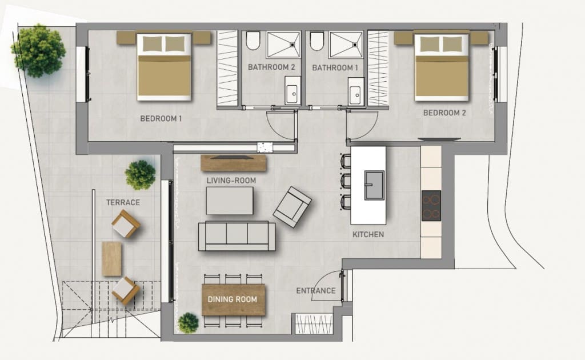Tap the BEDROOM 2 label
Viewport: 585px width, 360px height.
(x=444, y=113)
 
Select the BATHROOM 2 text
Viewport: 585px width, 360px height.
(x=271, y=67)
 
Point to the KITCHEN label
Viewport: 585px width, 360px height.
(x=368, y=234)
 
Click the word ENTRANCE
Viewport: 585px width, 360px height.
(x=315, y=291)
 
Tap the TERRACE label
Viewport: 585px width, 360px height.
(x=123, y=202)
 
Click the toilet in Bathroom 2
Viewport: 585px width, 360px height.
(x=253, y=41)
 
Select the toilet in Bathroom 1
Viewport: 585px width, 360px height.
(x=317, y=41)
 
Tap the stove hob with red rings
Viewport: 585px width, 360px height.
(x=431, y=206)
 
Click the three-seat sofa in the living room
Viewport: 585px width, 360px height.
(x=237, y=236)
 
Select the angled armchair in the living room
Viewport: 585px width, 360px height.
(x=292, y=206)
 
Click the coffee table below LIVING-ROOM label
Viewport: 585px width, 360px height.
(x=229, y=201)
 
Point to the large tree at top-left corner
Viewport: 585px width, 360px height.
(x=39, y=50)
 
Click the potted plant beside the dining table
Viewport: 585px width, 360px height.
(x=188, y=323)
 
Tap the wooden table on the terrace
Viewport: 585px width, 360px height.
(x=111, y=259)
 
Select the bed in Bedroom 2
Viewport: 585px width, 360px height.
(x=437, y=66)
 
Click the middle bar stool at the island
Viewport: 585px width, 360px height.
(x=345, y=181)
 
